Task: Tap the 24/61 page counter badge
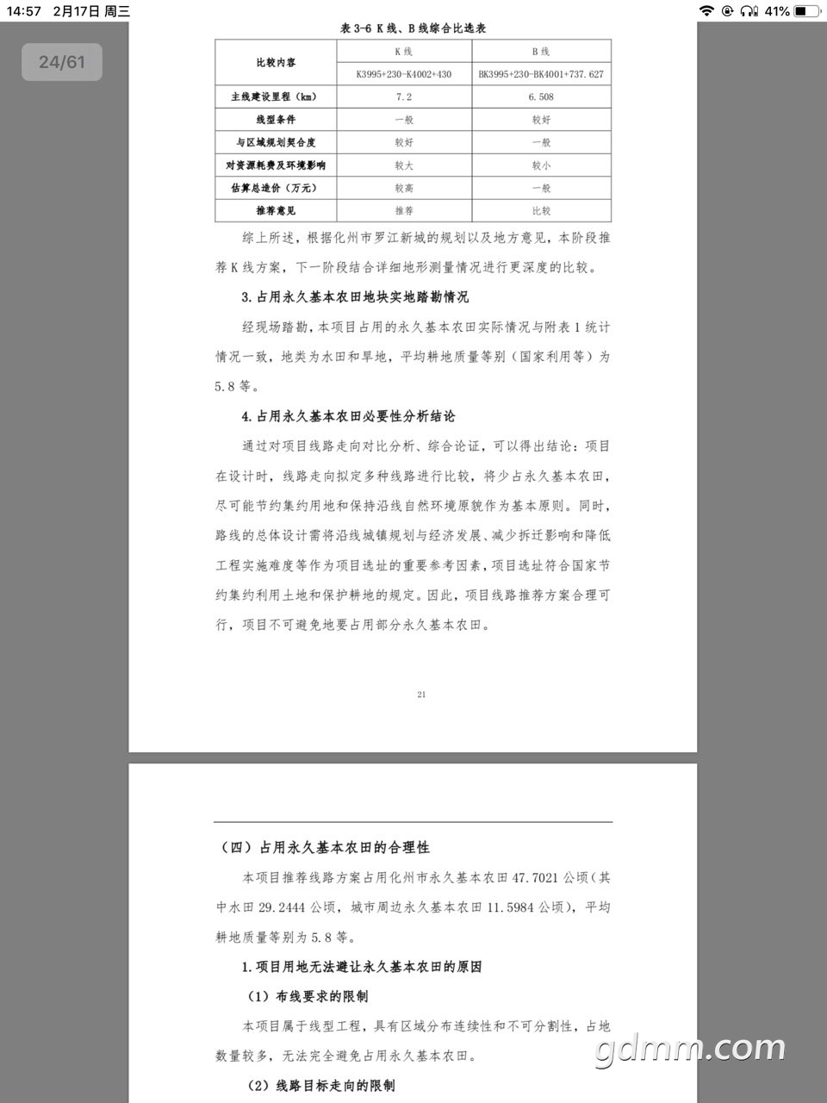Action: pos(62,62)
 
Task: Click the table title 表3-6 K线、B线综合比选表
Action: pos(413,28)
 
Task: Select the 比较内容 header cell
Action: pos(276,62)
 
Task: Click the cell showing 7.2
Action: pos(403,97)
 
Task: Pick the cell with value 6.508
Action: pos(541,97)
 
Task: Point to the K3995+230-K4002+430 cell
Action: pos(403,74)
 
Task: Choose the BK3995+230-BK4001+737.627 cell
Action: pos(541,74)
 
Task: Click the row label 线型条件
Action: pos(276,120)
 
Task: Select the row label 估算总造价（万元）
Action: pos(276,188)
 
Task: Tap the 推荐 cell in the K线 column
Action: pos(403,210)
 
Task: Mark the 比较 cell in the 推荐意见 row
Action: pos(541,210)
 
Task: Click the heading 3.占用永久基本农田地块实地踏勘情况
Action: pos(355,297)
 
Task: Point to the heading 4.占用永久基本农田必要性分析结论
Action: pos(348,416)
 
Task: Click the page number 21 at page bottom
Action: pos(421,695)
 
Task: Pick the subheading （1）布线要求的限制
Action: pos(308,997)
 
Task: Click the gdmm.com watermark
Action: pos(689,1049)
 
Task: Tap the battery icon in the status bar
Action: pos(806,11)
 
